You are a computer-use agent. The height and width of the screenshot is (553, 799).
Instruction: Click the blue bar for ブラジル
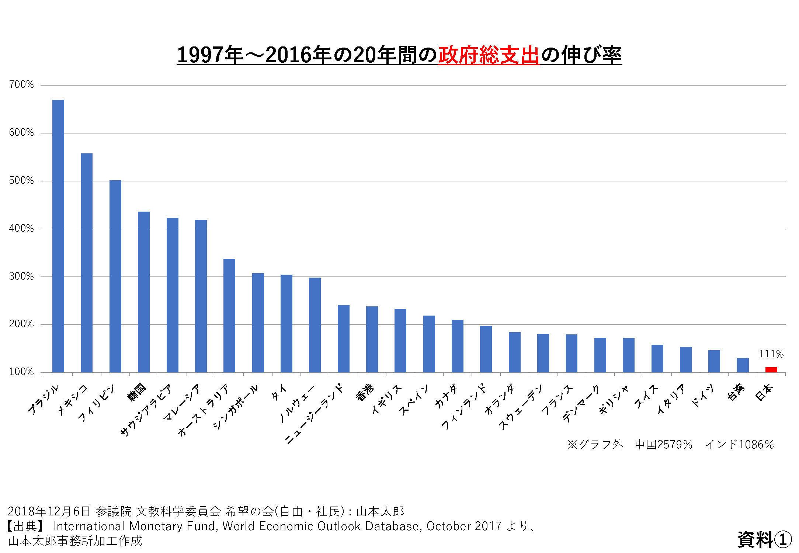point(58,236)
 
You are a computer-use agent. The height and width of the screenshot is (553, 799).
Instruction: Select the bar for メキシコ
point(87,262)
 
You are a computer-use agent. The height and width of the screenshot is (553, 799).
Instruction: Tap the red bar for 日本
point(771,370)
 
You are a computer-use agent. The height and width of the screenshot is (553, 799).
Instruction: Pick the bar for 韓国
point(144,292)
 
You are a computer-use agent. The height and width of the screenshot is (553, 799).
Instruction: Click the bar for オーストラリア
point(229,315)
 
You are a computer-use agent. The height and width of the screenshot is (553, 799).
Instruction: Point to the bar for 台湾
point(743,365)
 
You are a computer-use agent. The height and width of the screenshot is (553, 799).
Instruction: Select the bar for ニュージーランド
point(343,338)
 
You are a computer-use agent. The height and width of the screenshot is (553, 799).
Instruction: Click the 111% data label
point(771,354)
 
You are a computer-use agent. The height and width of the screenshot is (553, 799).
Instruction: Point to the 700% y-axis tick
point(21,85)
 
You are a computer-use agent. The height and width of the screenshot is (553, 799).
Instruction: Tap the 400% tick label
point(21,229)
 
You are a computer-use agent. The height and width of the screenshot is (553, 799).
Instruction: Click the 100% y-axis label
point(21,372)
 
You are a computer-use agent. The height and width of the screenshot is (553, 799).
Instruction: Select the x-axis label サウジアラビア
point(146,410)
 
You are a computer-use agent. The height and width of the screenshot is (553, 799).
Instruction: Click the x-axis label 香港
point(365,392)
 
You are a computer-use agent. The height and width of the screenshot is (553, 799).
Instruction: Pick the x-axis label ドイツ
point(702,396)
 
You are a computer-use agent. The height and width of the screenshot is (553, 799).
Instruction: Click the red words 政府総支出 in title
point(489,55)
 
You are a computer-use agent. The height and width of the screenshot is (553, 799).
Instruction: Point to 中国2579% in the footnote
point(663,445)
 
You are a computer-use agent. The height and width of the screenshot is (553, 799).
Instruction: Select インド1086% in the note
point(739,445)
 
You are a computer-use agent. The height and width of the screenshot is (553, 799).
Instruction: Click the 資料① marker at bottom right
point(764,540)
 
